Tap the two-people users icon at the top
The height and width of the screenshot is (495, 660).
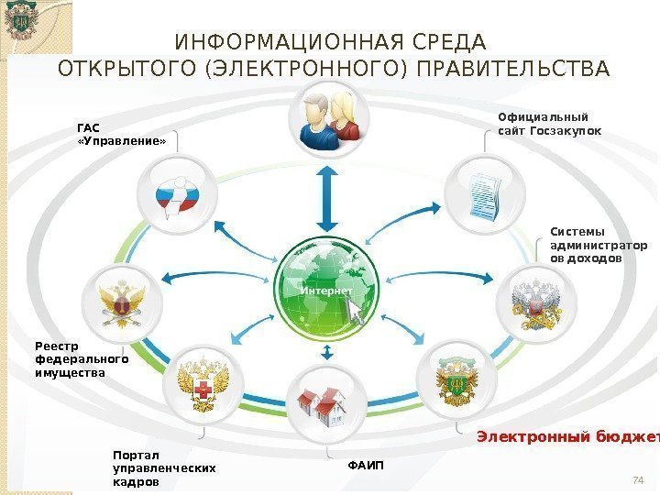click(328, 118)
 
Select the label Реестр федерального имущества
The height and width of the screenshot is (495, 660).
click(82, 359)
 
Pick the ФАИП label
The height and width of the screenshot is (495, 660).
click(367, 467)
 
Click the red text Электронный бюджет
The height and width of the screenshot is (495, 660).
click(567, 435)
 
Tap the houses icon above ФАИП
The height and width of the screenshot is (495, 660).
click(327, 401)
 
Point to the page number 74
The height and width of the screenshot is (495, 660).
click(640, 480)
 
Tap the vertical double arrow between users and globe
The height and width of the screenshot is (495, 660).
click(327, 196)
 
